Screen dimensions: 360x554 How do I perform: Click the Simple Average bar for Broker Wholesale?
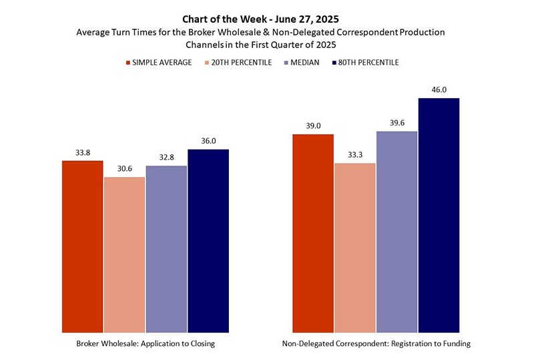[x=82, y=247]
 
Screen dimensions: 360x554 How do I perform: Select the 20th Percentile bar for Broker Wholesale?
[x=124, y=255]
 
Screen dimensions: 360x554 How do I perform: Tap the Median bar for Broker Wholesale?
[x=166, y=250]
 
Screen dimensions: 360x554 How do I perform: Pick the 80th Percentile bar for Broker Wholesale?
[x=208, y=241]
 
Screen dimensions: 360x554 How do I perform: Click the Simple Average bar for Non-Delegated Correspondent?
[x=313, y=234]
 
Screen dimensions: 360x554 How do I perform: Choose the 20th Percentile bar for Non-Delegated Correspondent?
[x=355, y=248]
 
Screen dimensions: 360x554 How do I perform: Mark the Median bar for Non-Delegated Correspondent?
[x=396, y=232]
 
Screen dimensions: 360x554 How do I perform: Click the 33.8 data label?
[x=83, y=152]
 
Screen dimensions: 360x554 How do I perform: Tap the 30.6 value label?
[x=125, y=168]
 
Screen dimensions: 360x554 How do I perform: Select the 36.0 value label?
[x=208, y=140]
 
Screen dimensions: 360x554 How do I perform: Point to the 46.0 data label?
[x=439, y=89]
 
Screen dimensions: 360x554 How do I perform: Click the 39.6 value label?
[x=397, y=122]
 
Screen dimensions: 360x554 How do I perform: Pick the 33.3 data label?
[x=355, y=155]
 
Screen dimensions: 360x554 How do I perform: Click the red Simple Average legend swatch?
[x=128, y=63]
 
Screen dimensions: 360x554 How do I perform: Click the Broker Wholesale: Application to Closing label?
[x=146, y=344]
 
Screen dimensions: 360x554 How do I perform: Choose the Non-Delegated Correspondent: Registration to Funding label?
[x=376, y=344]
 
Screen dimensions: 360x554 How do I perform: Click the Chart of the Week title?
[x=260, y=19]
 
